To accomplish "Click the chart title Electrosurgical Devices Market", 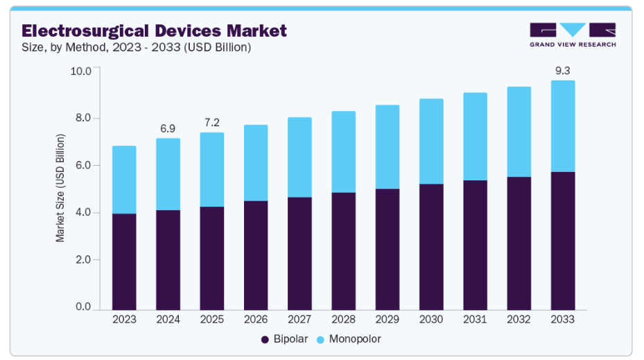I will click(153, 31).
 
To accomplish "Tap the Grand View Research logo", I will click(572, 35).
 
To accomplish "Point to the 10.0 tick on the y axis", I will click(82, 71).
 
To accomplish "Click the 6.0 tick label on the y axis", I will click(82, 165).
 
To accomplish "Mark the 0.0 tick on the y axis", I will click(82, 307).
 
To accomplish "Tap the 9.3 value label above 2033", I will click(562, 71).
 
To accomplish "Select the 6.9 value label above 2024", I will click(168, 129).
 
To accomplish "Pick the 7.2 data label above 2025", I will click(211, 123).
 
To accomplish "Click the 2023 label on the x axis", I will click(124, 320).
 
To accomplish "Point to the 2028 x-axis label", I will click(343, 320).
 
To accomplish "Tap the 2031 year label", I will click(475, 320).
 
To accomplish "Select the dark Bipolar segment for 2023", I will click(124, 262).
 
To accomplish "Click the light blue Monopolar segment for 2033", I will click(562, 126).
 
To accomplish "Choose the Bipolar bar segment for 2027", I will click(299, 253).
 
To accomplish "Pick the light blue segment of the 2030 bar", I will click(431, 142).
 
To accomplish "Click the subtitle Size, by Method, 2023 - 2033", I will click(136, 48).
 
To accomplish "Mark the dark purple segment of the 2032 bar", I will click(519, 243).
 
